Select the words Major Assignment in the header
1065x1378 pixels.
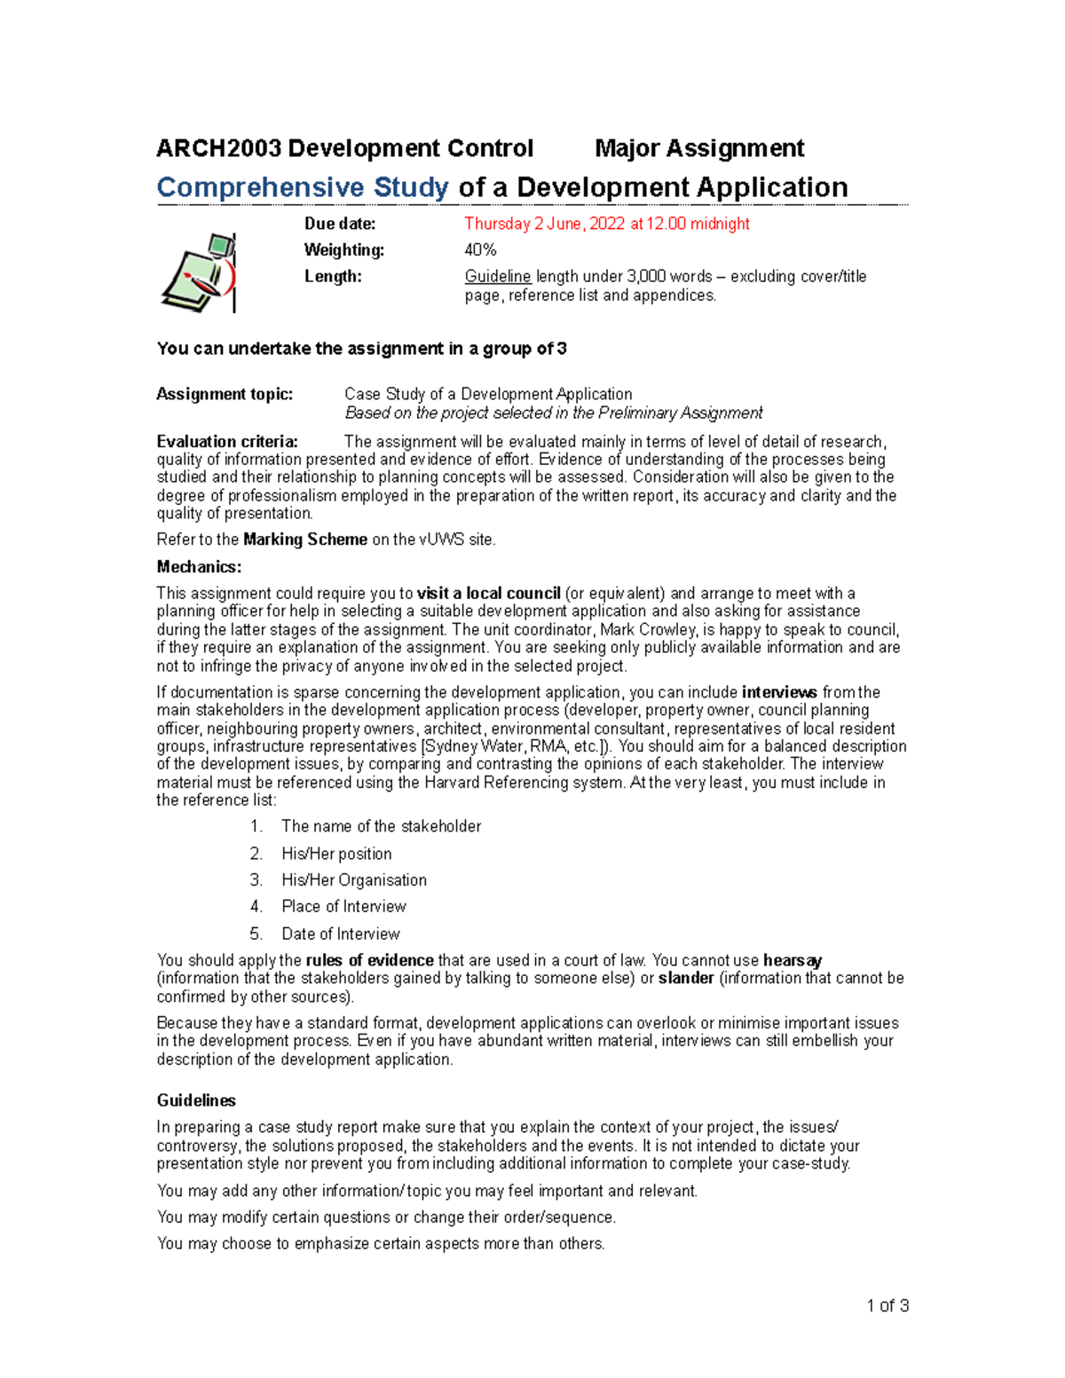pyautogui.click(x=699, y=148)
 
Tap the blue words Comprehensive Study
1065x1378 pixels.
pyautogui.click(x=303, y=187)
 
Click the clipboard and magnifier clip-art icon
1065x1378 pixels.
pyautogui.click(x=200, y=272)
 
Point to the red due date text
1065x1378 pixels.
pyautogui.click(x=606, y=224)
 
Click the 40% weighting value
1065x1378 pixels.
pyautogui.click(x=480, y=250)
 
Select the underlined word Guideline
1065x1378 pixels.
pyautogui.click(x=498, y=277)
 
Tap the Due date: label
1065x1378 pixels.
pyautogui.click(x=340, y=224)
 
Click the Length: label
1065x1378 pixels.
pyautogui.click(x=333, y=277)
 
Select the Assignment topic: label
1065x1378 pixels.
pyautogui.click(x=225, y=394)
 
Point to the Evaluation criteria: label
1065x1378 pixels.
pyautogui.click(x=227, y=442)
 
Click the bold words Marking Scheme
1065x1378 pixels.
pyautogui.click(x=305, y=539)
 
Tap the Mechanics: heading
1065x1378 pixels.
pyautogui.click(x=199, y=567)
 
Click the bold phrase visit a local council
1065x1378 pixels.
pyautogui.click(x=489, y=594)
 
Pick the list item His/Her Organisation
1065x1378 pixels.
pyautogui.click(x=354, y=880)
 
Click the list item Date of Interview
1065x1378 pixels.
pyautogui.click(x=341, y=933)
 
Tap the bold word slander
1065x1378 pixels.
pyautogui.click(x=686, y=978)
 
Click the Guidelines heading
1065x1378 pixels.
pyautogui.click(x=196, y=1100)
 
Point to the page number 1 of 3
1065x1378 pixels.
pyautogui.click(x=887, y=1305)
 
